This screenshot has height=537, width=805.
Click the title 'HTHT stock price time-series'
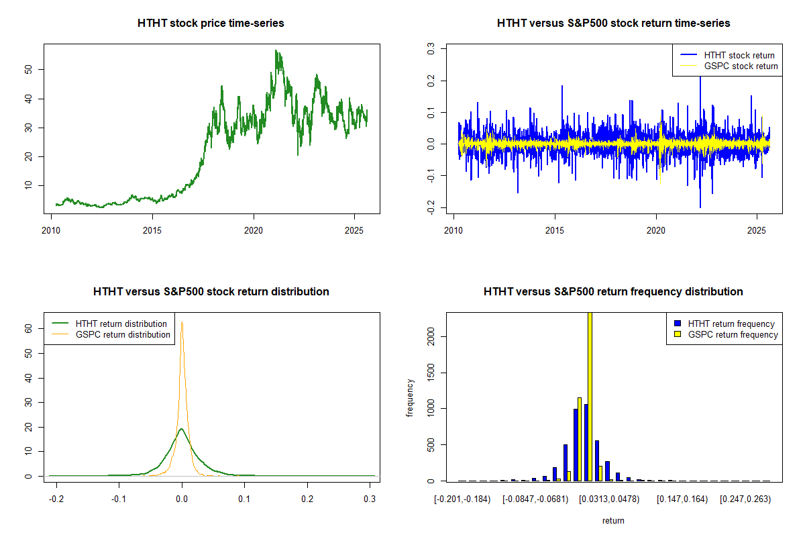tap(211, 23)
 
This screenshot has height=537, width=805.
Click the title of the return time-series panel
tap(613, 23)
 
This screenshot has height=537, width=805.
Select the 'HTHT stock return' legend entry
tap(739, 55)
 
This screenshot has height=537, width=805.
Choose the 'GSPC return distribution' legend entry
tap(123, 334)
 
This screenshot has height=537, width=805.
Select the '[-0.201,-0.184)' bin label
tap(462, 499)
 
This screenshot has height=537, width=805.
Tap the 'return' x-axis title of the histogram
tap(613, 520)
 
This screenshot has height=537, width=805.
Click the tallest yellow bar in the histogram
tap(590, 396)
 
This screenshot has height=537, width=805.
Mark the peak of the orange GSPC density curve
tap(181, 322)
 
